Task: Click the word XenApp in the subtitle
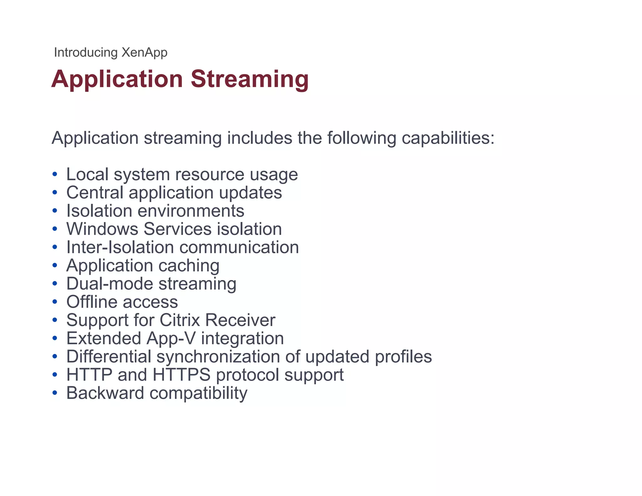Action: click(144, 52)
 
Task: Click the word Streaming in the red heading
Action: click(250, 79)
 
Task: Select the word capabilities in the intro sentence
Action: click(448, 138)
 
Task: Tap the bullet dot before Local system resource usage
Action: click(55, 174)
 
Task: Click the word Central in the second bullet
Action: click(95, 193)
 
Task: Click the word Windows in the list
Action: click(102, 229)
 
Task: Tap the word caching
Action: click(189, 266)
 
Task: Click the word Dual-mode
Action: click(110, 284)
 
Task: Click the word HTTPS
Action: click(182, 375)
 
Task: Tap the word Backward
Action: click(105, 393)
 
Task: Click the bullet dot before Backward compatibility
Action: click(55, 393)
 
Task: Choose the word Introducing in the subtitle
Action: click(86, 52)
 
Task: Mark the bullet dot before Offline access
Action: click(55, 302)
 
